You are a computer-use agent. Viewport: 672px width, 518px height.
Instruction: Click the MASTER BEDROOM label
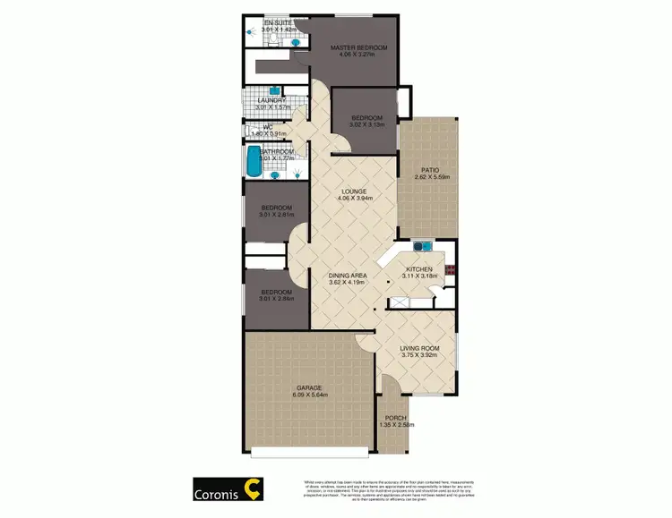(358, 47)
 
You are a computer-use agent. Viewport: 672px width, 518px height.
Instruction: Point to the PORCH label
(395, 418)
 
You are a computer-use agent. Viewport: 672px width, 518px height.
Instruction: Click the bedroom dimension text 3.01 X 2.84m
(276, 299)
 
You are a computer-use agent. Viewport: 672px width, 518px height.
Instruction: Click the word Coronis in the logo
(220, 492)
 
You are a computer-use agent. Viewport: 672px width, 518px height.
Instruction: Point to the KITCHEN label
(419, 269)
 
